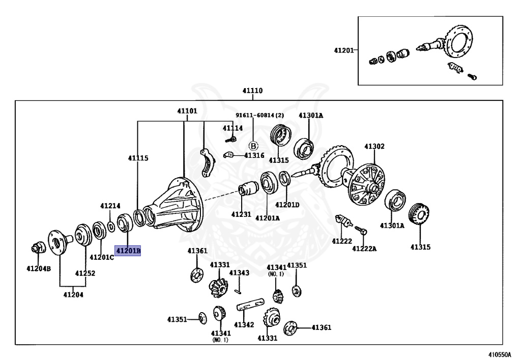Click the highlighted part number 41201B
click(128, 251)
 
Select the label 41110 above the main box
click(252, 91)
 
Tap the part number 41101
click(187, 111)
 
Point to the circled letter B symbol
click(253, 145)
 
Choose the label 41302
click(374, 147)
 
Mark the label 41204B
click(39, 268)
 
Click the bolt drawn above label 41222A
click(361, 230)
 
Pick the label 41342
click(244, 324)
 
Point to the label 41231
click(241, 214)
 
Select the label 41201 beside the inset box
click(344, 50)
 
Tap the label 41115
click(138, 158)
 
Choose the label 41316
click(254, 155)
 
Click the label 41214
click(110, 206)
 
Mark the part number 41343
click(239, 273)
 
